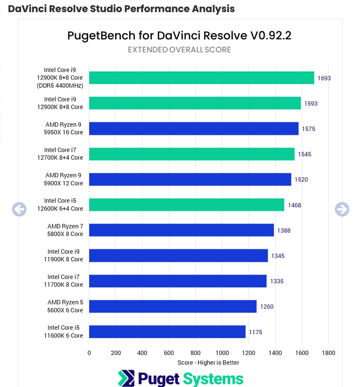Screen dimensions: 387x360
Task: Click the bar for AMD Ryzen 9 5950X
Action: (194, 129)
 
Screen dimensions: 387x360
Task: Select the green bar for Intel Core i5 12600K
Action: (186, 205)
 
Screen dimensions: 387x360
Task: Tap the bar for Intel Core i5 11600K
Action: (167, 332)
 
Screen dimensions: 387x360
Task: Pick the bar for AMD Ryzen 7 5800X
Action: (181, 230)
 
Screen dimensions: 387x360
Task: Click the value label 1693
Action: (324, 78)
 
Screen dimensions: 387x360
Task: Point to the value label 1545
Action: (304, 154)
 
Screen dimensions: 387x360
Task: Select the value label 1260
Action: (267, 306)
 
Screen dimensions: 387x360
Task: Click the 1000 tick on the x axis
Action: (222, 353)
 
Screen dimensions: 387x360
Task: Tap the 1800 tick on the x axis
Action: (328, 353)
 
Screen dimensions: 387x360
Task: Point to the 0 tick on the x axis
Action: (89, 353)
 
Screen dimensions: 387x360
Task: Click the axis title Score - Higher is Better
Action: (208, 362)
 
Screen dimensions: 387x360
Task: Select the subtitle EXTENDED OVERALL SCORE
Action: (179, 49)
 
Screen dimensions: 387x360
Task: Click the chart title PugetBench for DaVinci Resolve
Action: (179, 35)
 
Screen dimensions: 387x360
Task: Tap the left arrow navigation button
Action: (19, 209)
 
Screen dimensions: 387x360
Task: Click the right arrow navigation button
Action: (342, 209)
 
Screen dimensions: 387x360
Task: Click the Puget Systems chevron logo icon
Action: (126, 378)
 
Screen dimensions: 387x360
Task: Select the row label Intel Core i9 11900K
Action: (65, 256)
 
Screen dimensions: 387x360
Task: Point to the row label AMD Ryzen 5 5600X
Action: (65, 306)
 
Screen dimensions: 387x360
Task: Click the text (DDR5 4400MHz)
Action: (64, 86)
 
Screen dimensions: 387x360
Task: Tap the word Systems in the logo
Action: (213, 378)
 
